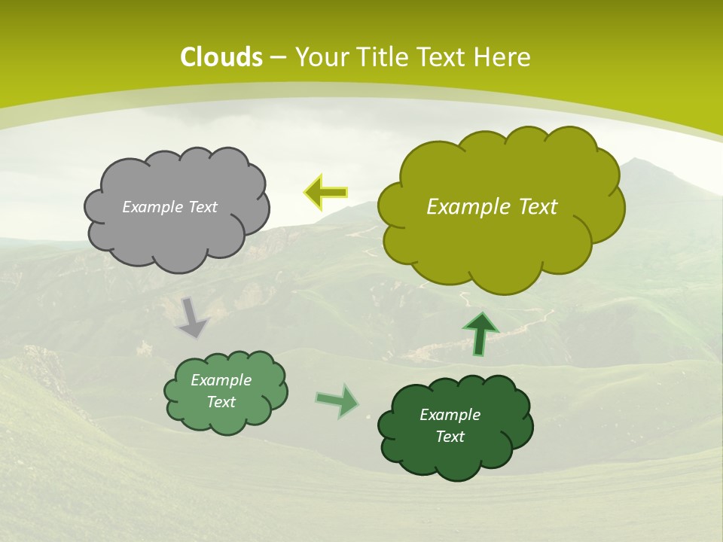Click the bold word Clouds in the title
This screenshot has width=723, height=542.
pos(221,56)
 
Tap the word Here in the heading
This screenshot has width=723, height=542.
pos(505,56)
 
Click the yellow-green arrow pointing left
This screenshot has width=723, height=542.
pos(325,193)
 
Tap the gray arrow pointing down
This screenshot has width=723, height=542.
pos(191,317)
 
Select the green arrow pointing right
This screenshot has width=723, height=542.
pos(337,400)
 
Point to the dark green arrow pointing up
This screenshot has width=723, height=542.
pos(480,333)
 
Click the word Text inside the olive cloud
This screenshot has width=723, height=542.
pos(533,207)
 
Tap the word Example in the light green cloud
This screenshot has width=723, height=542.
pos(221,380)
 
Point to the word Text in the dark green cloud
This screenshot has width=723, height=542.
pos(450,437)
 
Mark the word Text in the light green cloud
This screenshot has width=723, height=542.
pos(221,402)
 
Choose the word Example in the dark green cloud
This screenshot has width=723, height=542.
pos(450,415)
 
